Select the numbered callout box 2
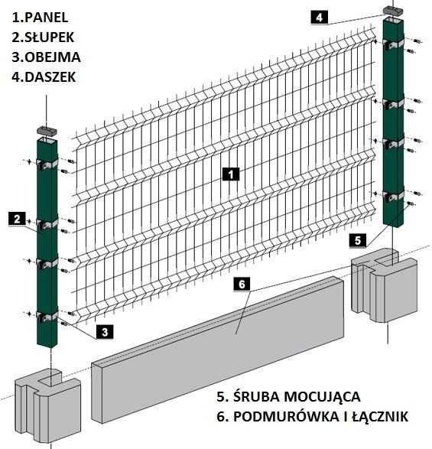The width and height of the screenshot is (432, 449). [17, 219]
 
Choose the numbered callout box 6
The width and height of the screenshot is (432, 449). [240, 285]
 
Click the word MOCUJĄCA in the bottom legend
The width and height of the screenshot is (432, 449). [320, 398]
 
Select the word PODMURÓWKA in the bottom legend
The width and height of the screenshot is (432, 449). [285, 417]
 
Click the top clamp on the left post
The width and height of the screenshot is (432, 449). [47, 163]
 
